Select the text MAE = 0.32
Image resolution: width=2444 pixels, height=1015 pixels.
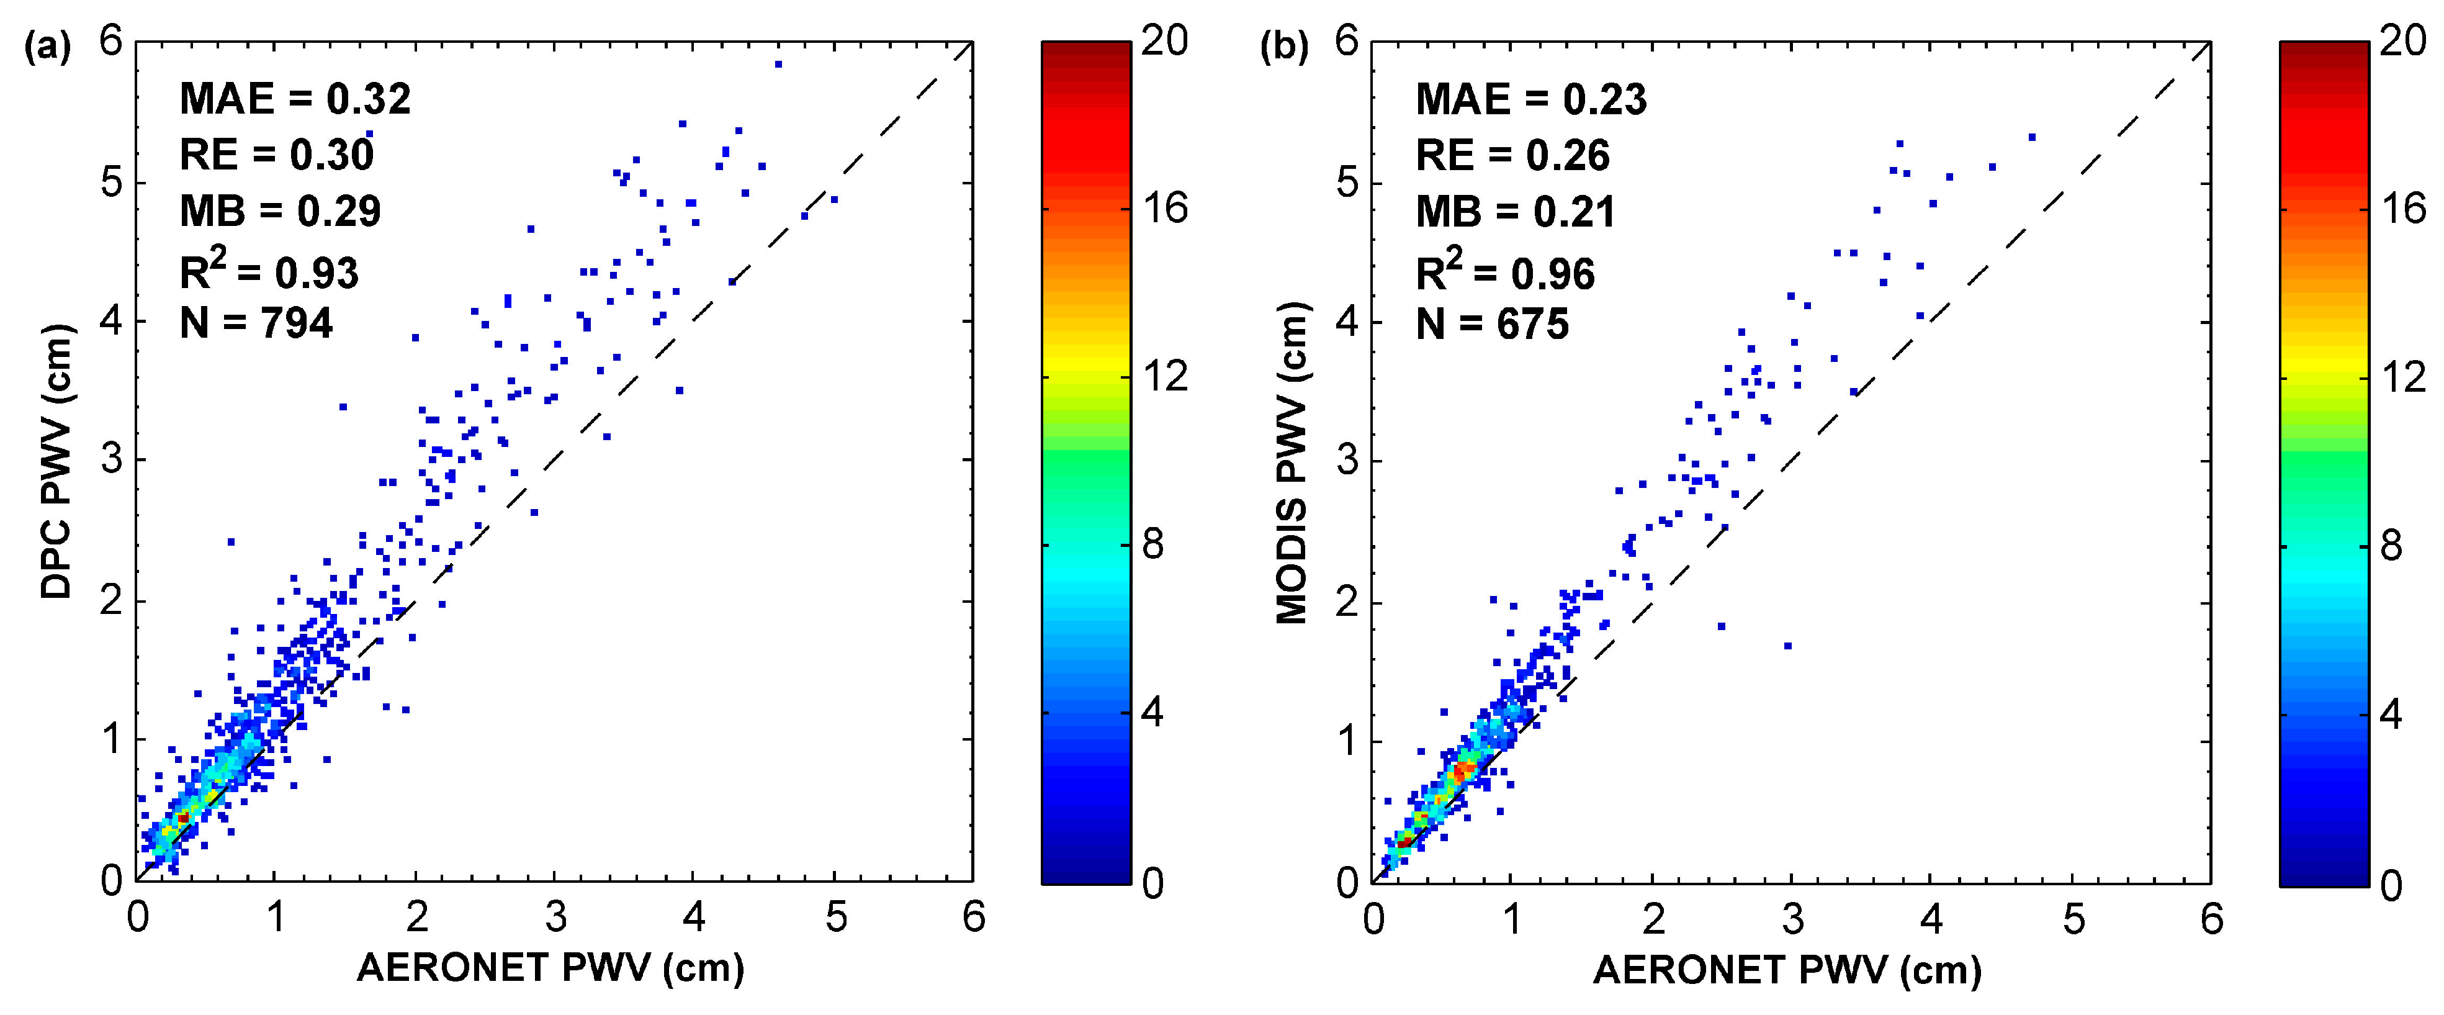(295, 99)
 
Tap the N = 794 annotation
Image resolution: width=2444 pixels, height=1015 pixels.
(256, 323)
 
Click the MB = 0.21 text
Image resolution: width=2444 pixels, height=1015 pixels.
(1515, 212)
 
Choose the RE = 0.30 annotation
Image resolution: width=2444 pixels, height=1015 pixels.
(277, 155)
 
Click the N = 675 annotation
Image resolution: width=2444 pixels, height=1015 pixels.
(1493, 325)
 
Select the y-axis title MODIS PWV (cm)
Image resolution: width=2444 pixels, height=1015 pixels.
(1292, 463)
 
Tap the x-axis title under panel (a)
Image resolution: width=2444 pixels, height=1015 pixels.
(550, 968)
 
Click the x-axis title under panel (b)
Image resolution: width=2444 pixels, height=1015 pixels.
(1787, 970)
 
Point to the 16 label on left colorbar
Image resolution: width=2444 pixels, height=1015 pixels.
(1165, 209)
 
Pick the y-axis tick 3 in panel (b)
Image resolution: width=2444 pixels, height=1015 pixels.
(1347, 461)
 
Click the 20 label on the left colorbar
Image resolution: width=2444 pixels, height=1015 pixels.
(1165, 41)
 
